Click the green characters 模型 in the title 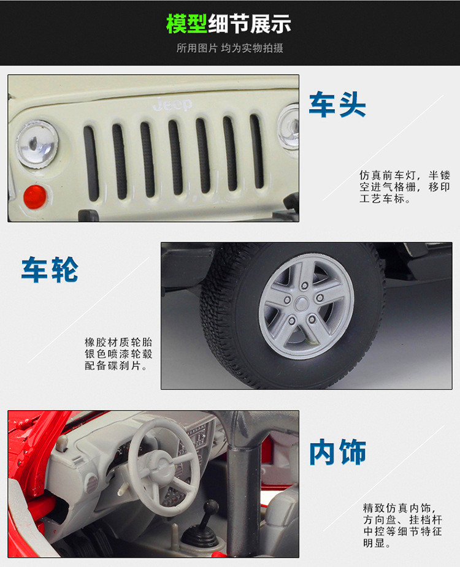point(186,24)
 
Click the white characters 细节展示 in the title point(250,24)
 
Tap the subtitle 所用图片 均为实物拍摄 point(230,48)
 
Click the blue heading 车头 point(337,104)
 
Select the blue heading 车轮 point(50,269)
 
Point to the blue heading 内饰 point(338,452)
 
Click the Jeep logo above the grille point(172,104)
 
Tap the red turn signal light point(35,197)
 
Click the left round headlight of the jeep point(37,144)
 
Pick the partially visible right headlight point(288,126)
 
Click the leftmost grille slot point(91,163)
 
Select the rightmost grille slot point(256,151)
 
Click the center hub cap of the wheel point(301,304)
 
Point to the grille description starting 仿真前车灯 point(405,187)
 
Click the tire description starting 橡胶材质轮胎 point(118,354)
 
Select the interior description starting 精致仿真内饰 point(402,526)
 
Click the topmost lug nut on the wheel point(305,286)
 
